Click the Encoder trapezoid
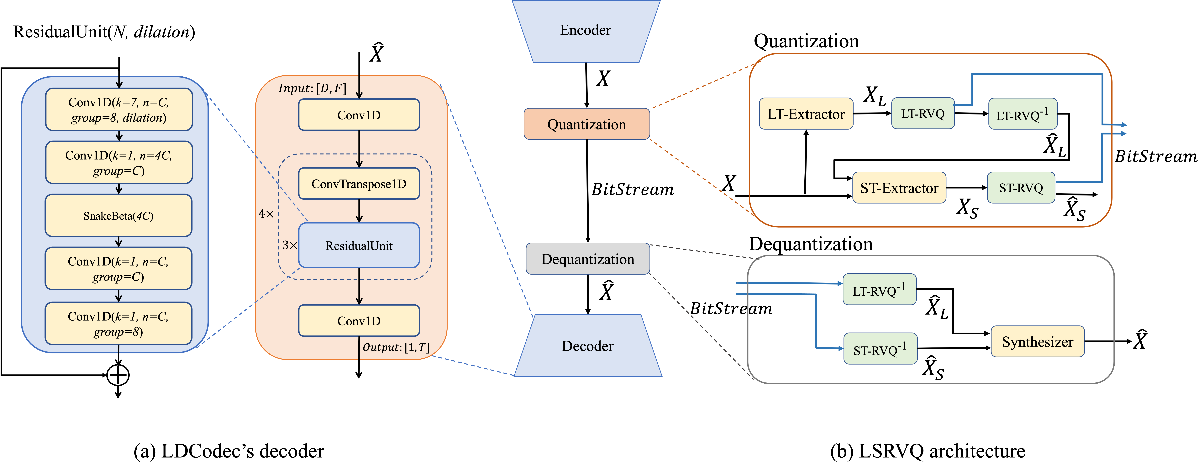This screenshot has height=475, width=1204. [x=586, y=31]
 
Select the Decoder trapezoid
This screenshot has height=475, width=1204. [x=587, y=346]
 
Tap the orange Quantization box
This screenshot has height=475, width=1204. [x=587, y=124]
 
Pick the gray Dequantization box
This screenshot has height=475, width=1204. [x=587, y=259]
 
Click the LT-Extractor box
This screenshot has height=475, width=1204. [x=806, y=114]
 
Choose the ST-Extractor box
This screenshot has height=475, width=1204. [x=899, y=188]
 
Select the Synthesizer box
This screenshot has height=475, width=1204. [x=1037, y=341]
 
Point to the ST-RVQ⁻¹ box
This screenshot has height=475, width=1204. [x=880, y=349]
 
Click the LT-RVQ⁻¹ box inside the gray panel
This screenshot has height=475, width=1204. [x=879, y=290]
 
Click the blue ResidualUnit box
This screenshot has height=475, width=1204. [x=359, y=246]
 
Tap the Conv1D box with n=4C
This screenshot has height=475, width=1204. [x=119, y=163]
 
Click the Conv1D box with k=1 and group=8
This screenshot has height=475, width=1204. [x=118, y=324]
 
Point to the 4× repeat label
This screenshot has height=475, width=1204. [x=266, y=214]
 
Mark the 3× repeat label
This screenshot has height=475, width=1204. [x=289, y=245]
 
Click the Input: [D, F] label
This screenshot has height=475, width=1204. [x=312, y=88]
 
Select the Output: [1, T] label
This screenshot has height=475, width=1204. [x=395, y=347]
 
